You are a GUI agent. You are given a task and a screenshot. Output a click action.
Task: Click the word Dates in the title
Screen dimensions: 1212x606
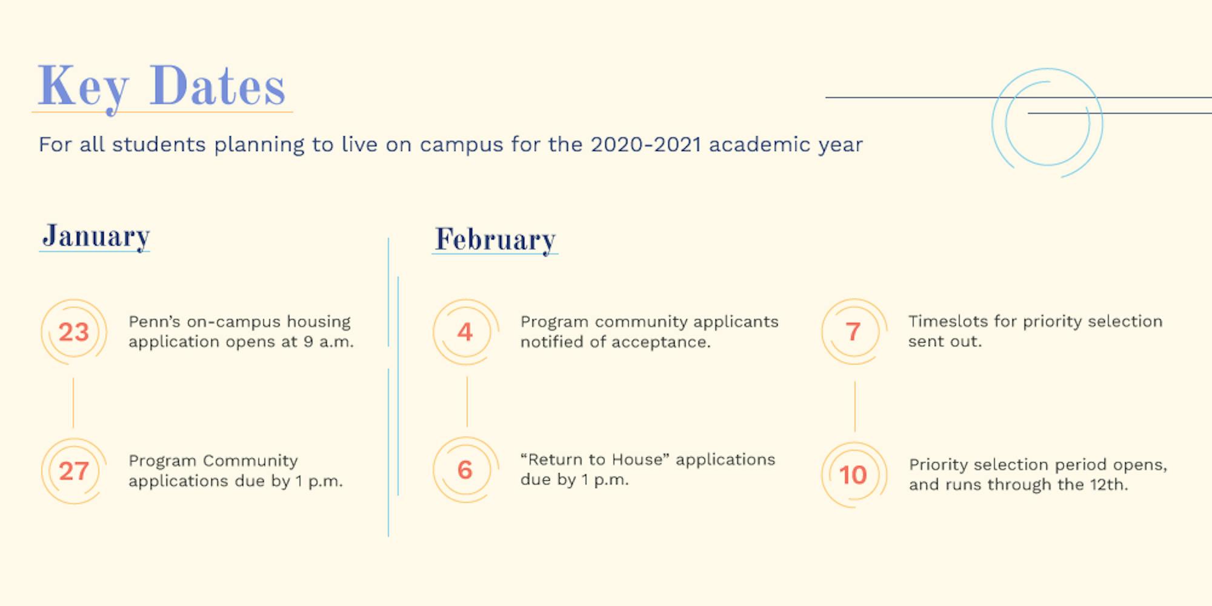click(218, 85)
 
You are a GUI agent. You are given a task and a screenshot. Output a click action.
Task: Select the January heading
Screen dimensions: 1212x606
click(96, 236)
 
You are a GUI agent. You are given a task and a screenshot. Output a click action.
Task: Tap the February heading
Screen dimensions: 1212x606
click(495, 240)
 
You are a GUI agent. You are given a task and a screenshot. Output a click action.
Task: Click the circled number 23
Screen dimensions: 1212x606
click(74, 332)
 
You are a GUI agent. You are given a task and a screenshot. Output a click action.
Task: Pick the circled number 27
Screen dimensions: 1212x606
click(74, 471)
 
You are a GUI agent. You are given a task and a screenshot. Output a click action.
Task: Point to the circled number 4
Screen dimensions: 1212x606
click(465, 332)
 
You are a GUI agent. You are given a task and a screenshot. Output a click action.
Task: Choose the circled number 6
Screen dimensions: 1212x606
click(465, 470)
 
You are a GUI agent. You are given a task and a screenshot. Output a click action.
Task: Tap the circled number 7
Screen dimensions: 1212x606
click(854, 331)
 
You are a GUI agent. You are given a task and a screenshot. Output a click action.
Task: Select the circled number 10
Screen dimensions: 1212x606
click(854, 475)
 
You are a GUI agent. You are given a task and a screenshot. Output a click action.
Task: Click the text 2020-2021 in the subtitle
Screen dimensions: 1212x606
click(646, 145)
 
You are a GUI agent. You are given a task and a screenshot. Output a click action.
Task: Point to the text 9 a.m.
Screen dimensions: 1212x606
click(328, 342)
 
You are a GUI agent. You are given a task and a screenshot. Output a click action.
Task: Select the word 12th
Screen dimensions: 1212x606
click(1108, 485)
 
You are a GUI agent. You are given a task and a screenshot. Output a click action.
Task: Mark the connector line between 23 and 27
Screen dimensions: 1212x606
click(73, 403)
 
